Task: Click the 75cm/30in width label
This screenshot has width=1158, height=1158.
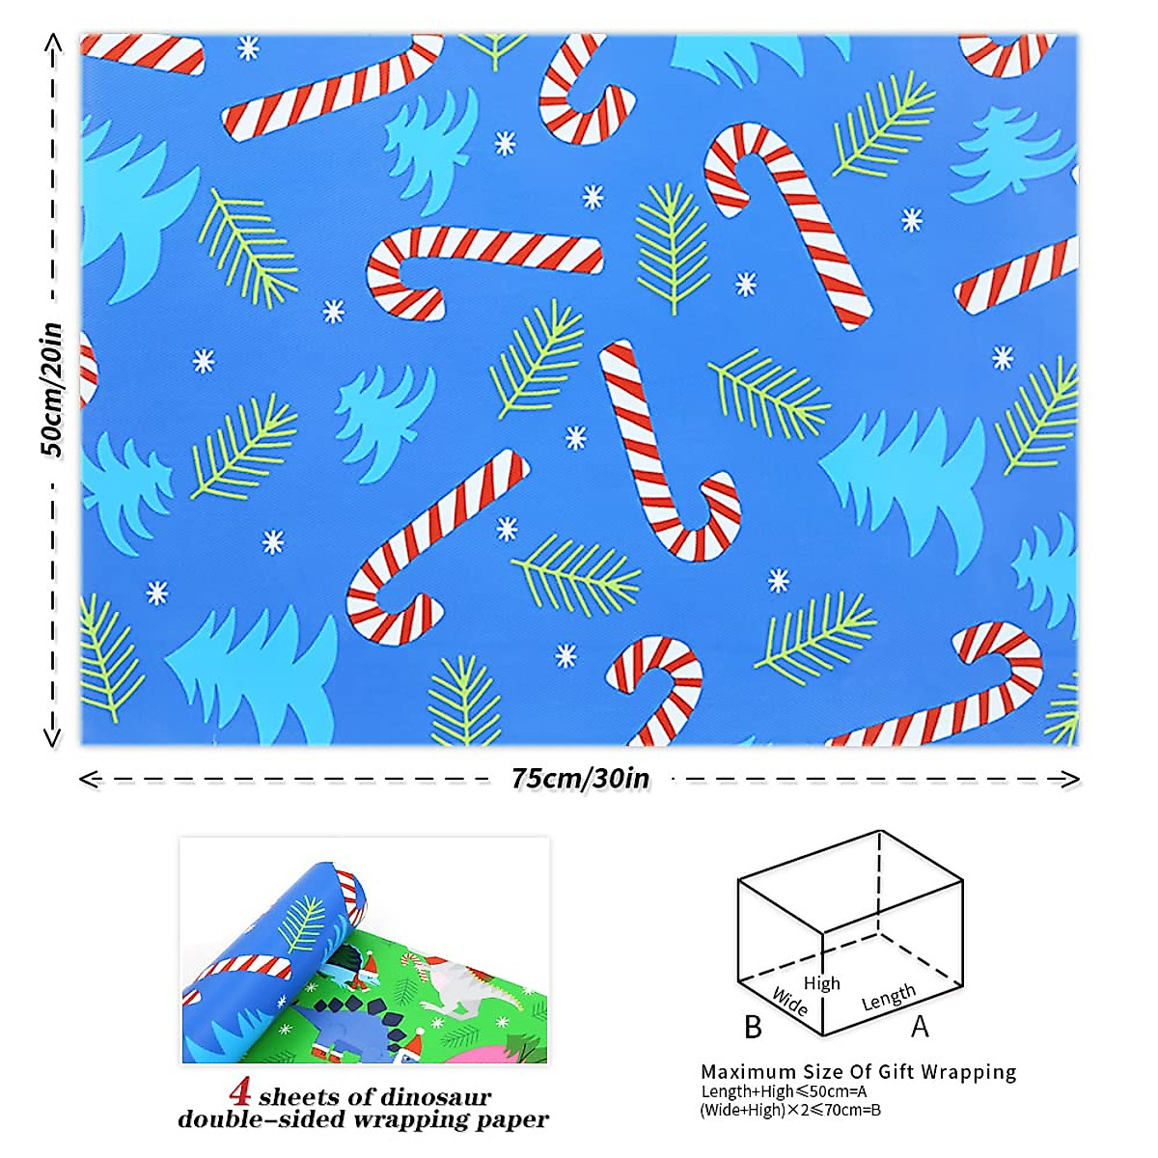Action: coord(580,779)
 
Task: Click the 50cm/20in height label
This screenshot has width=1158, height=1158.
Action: coord(51,390)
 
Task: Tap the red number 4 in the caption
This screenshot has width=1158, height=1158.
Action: coord(241,1093)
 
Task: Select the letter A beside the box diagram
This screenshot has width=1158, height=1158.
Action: coord(920,1027)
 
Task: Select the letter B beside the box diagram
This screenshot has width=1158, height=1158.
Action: coord(754,1028)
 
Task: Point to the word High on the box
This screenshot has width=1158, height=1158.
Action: coord(821,983)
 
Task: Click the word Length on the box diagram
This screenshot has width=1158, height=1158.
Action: coord(888,997)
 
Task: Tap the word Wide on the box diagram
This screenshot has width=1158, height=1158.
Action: coord(789,1002)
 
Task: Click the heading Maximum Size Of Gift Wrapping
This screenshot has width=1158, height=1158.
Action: coord(858,1072)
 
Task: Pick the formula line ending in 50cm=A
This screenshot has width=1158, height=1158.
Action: coord(784,1091)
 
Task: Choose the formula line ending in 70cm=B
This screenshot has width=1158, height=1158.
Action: coord(790,1110)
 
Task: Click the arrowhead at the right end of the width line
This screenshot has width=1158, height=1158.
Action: coord(1070,779)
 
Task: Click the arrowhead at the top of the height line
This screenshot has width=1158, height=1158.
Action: coord(53,42)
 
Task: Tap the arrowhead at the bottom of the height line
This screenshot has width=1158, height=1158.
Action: coord(53,738)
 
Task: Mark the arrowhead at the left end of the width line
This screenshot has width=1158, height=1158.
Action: coord(89,779)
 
